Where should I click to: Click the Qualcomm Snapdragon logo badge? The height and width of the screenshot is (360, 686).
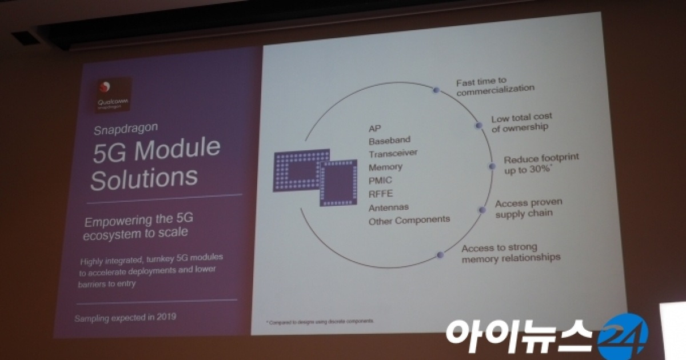[113, 95]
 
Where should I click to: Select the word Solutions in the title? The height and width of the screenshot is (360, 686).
[143, 179]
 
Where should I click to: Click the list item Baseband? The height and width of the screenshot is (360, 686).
[389, 140]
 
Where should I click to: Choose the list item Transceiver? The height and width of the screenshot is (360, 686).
[393, 153]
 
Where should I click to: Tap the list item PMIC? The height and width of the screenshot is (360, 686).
[381, 181]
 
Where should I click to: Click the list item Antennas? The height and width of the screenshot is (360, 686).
[388, 207]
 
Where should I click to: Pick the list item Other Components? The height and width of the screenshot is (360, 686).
[409, 221]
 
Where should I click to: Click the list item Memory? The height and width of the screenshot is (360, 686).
[385, 167]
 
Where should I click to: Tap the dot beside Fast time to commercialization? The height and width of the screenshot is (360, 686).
[436, 90]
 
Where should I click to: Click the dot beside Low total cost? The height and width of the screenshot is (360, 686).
[478, 125]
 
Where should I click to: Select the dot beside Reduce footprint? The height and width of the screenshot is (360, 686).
[492, 166]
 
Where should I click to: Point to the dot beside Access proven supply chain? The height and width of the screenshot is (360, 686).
[481, 210]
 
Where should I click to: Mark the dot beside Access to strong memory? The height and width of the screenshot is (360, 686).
[440, 255]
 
